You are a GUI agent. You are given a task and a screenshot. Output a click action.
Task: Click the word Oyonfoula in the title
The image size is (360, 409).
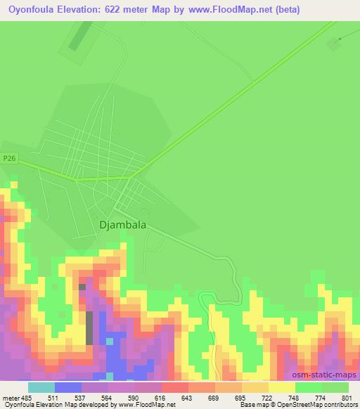[x=32, y=10]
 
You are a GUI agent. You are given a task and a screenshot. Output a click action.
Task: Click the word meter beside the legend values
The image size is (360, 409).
[x=11, y=397]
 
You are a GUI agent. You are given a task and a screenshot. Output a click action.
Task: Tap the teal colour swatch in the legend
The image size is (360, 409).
[x=41, y=387]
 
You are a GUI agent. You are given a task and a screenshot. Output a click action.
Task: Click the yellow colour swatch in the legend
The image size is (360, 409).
[x=282, y=387]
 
